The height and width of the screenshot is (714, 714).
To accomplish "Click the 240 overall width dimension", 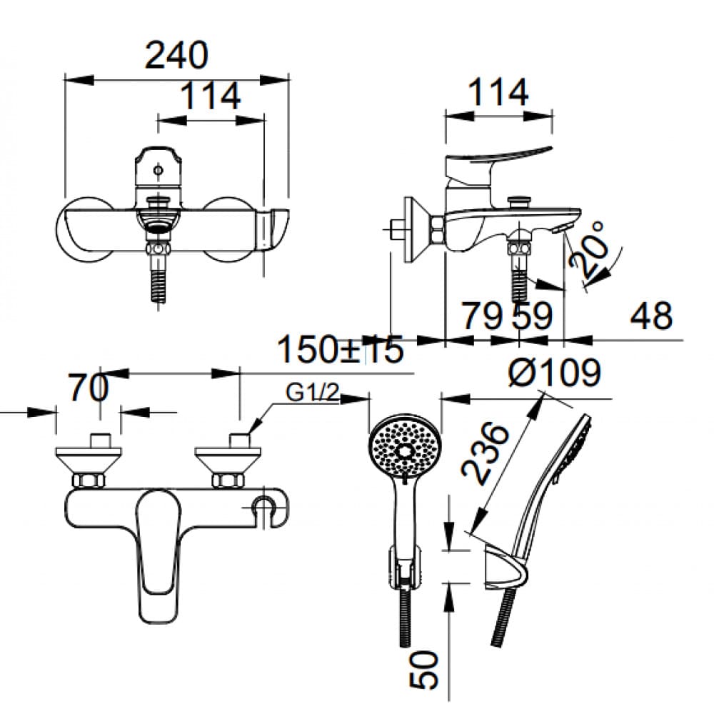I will (176, 55).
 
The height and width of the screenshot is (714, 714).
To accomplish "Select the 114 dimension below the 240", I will (209, 96).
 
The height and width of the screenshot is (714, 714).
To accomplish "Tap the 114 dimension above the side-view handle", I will (498, 93).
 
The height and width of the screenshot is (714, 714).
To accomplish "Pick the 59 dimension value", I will (532, 315).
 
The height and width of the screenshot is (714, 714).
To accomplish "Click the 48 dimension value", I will (650, 315).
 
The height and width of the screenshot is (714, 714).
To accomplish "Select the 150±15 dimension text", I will (340, 350).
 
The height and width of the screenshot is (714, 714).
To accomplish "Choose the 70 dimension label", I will (89, 388).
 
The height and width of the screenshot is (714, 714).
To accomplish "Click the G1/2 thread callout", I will (312, 393).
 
